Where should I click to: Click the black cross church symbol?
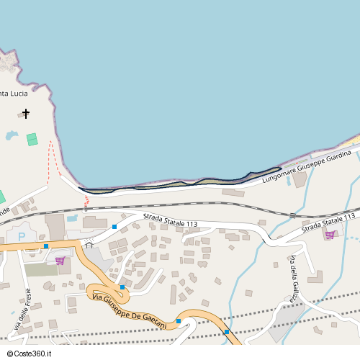click(27, 114)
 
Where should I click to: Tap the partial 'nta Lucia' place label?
click(14, 94)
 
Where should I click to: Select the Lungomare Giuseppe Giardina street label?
click(306, 168)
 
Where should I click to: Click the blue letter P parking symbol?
click(22, 235)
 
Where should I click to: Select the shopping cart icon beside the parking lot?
click(60, 260)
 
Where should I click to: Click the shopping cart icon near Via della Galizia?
click(329, 235)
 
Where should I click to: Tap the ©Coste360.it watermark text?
click(27, 353)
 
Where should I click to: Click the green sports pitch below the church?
click(32, 139)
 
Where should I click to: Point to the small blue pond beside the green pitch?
click(12, 135)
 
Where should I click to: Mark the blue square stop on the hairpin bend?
click(122, 287)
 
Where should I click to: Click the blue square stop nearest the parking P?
click(46, 246)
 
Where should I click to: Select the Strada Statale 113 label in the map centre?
click(170, 220)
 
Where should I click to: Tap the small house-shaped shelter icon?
click(89, 246)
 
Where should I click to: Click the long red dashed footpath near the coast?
click(51, 160)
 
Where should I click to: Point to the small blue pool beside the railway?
click(73, 217)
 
